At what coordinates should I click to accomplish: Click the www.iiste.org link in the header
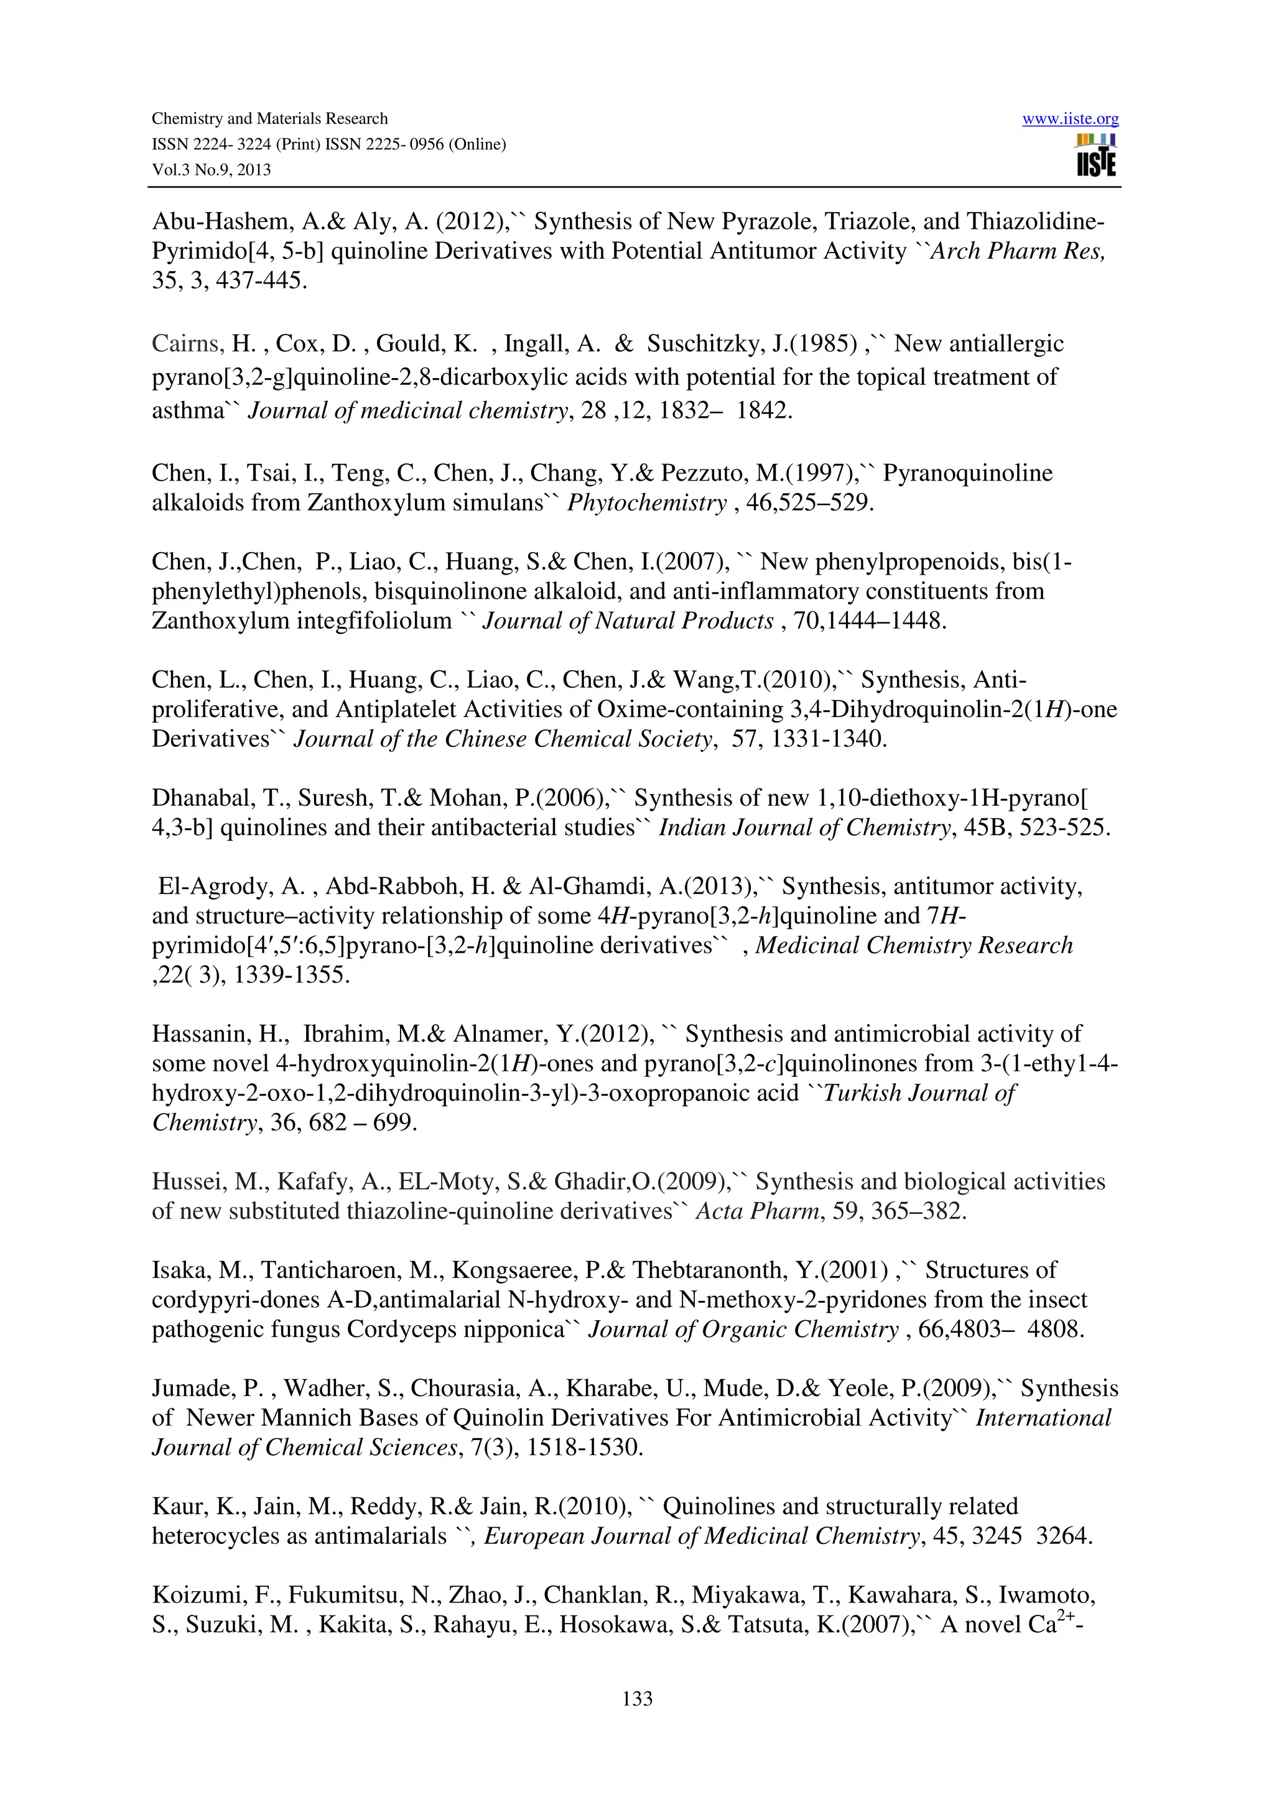1070,119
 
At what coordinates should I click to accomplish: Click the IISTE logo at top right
1097,155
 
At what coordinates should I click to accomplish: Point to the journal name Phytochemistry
647,502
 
